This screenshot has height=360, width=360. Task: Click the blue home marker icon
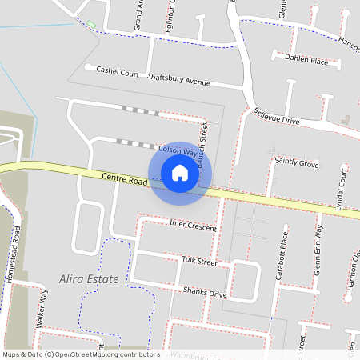180,172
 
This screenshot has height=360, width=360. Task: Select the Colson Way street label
178,150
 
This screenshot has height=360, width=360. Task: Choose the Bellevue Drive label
276,115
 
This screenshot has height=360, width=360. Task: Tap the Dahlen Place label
308,61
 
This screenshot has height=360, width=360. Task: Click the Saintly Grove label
297,163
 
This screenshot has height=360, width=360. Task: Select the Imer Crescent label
194,227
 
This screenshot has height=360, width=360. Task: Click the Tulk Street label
199,261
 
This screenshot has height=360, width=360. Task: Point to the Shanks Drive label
205,294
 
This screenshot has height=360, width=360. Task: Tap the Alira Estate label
89,279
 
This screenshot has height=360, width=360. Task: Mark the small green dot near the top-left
90,24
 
